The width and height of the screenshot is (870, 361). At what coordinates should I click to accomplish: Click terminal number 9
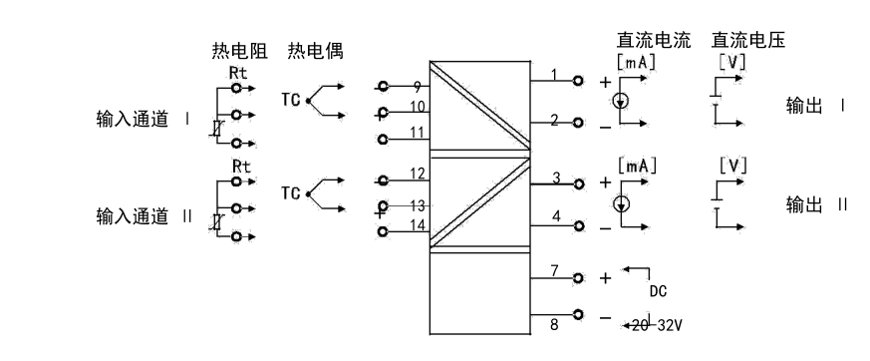coord(419,87)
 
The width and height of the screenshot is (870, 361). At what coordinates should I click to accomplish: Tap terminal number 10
coord(419,106)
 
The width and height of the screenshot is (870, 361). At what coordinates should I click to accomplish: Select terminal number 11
coord(419,132)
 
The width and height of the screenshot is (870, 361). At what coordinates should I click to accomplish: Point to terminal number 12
coord(419,176)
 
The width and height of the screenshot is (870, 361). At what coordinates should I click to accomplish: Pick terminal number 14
coord(419,225)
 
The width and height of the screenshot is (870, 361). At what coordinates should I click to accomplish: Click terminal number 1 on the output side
coord(554,75)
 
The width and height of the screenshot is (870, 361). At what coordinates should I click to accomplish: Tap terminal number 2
coord(554,122)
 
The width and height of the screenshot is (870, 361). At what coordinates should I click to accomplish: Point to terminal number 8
coord(554,323)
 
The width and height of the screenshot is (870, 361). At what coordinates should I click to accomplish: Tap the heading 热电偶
coord(315,50)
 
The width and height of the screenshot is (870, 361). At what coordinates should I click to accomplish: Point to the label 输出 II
coord(817,204)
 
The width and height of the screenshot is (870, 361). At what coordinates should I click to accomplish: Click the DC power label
coord(658,291)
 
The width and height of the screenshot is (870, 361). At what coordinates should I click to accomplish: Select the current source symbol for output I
coord(621,101)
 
